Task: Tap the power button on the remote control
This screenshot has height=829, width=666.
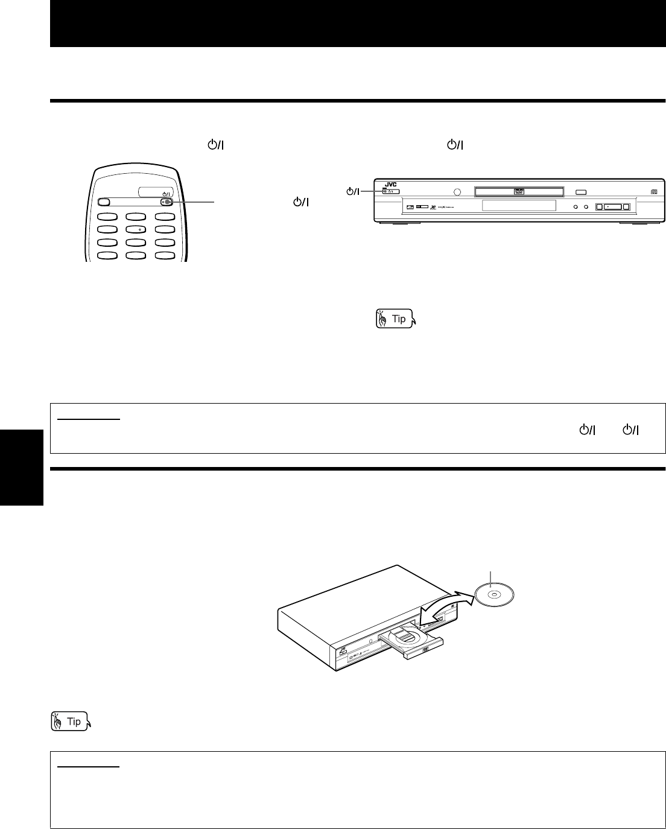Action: [x=168, y=203]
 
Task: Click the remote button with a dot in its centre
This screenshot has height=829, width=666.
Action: [x=139, y=229]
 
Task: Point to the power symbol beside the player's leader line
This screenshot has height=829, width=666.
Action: [x=352, y=192]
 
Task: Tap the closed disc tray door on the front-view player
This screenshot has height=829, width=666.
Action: [x=518, y=192]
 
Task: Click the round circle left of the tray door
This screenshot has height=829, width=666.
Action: [x=456, y=192]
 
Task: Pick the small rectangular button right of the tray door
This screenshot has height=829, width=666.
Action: [x=581, y=192]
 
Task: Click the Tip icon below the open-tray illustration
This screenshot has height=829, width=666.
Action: [x=71, y=721]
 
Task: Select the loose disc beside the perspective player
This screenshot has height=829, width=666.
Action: [x=493, y=594]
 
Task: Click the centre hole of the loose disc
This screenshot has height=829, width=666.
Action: [x=493, y=594]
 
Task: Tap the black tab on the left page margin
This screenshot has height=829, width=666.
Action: [x=22, y=467]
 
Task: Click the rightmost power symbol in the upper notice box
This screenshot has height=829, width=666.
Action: [x=631, y=430]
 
